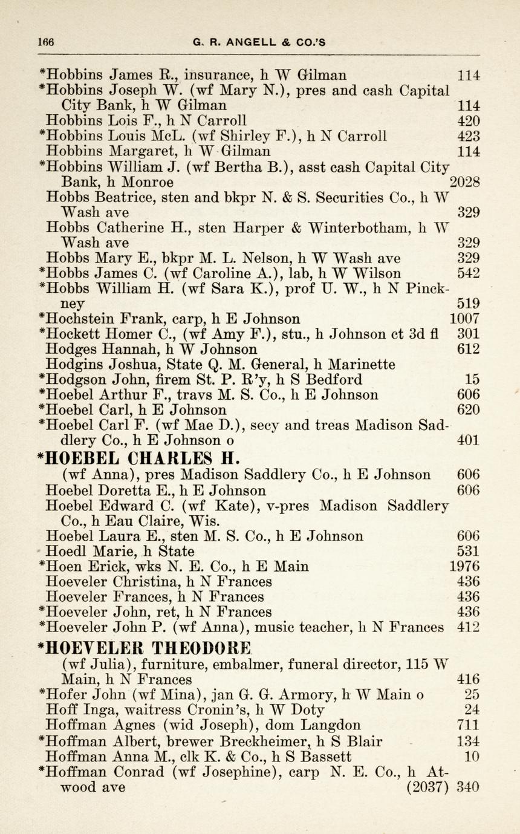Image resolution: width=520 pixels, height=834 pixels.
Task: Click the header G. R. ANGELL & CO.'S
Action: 259,42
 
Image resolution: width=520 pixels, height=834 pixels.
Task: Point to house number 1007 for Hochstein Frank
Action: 465,319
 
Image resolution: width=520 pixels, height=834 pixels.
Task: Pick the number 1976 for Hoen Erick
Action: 465,567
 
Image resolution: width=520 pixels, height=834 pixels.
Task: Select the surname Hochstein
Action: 80,319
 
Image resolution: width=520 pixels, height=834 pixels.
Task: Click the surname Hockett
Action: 73,334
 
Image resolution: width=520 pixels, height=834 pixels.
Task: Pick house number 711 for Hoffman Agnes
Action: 469,725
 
